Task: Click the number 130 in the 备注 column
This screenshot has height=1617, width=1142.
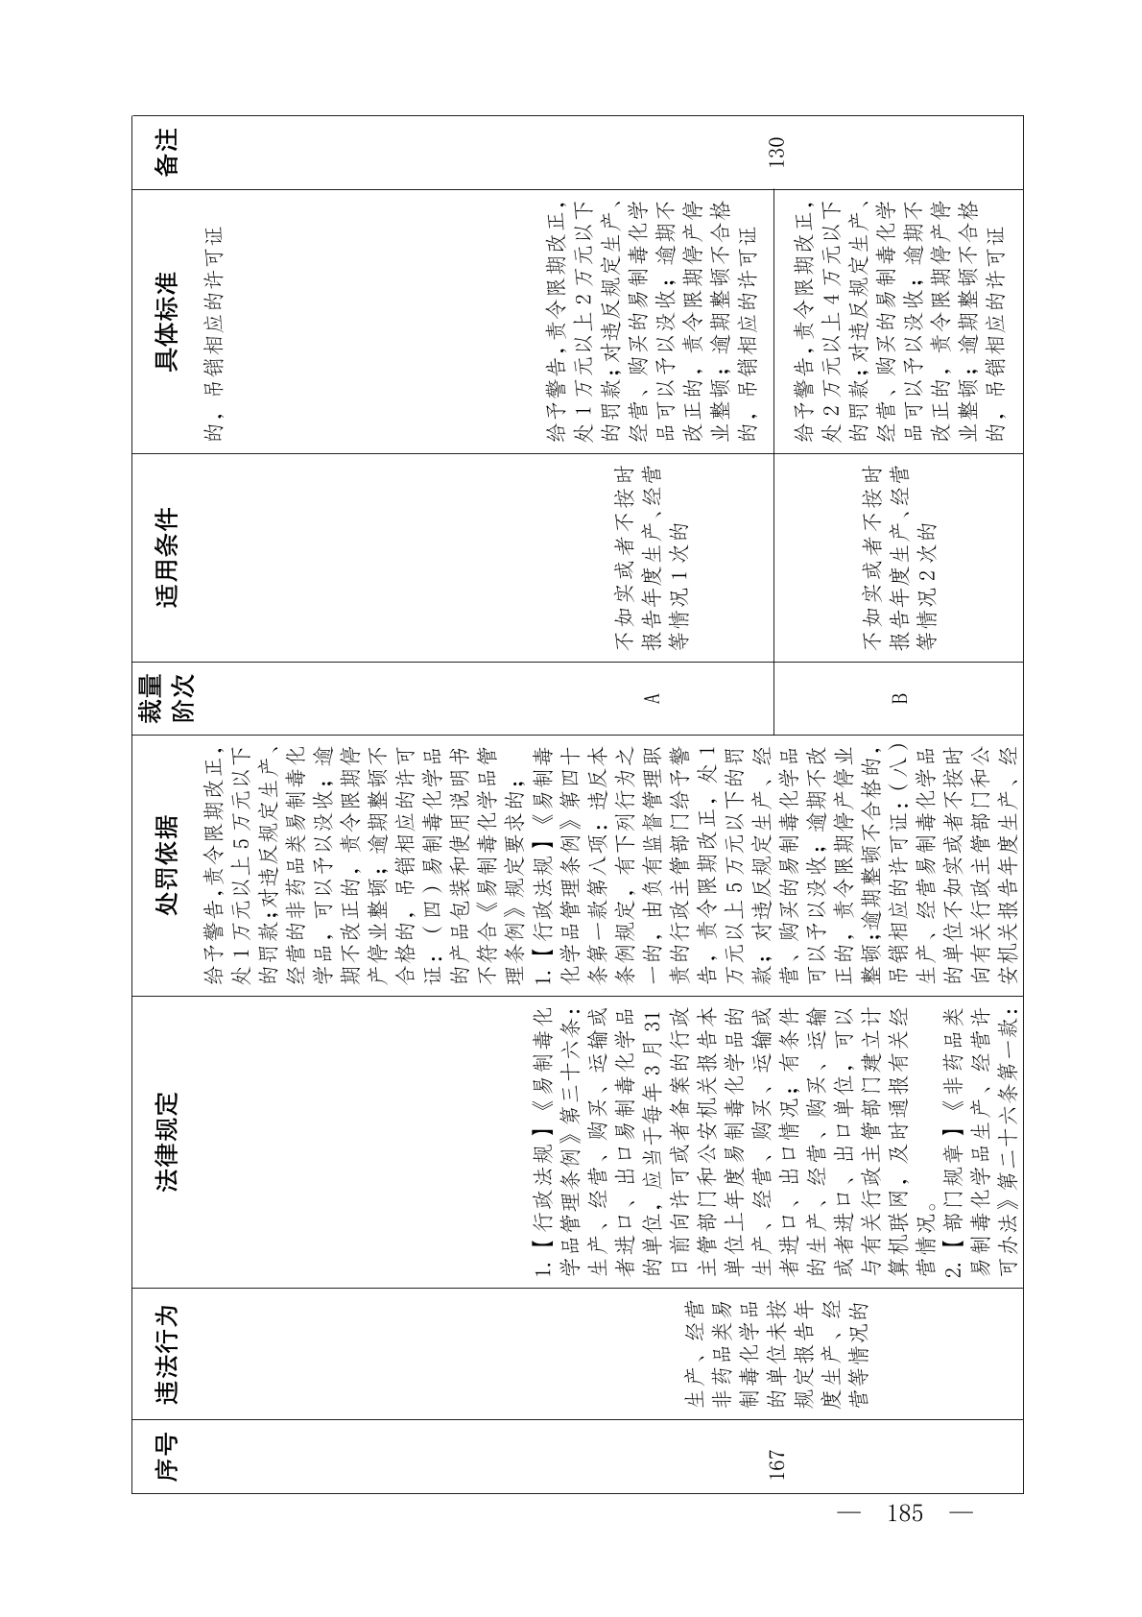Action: pyautogui.click(x=776, y=153)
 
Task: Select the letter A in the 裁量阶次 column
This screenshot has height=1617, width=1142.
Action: pyautogui.click(x=652, y=698)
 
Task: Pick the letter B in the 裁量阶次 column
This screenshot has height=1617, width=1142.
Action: pyautogui.click(x=899, y=698)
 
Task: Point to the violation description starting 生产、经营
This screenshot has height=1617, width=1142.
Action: pyautogui.click(x=776, y=1356)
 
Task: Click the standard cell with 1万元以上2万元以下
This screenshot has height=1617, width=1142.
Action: pyautogui.click(x=652, y=322)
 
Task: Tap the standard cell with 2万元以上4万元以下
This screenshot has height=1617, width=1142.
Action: pyautogui.click(x=899, y=322)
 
